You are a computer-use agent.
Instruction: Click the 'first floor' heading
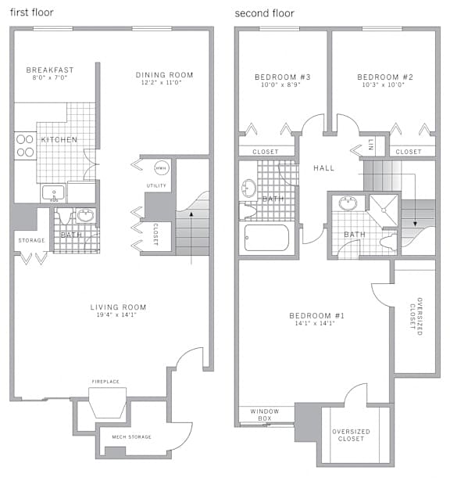click(x=32, y=13)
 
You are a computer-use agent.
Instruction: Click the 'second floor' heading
click(x=264, y=13)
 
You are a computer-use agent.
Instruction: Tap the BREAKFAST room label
click(x=50, y=70)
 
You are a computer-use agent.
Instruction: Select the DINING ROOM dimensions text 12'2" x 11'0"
click(x=161, y=82)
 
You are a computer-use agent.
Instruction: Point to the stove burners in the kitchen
click(x=25, y=145)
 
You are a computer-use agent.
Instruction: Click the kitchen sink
click(x=53, y=193)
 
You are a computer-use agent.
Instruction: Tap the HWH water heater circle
click(x=162, y=168)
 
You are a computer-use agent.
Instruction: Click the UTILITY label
click(x=156, y=185)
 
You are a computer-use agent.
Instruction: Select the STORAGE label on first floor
click(x=31, y=240)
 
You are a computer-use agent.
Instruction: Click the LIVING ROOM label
click(x=118, y=307)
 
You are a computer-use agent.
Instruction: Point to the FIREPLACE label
click(x=105, y=382)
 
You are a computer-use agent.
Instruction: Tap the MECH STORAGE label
click(x=132, y=437)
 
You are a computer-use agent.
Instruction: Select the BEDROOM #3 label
click(x=283, y=77)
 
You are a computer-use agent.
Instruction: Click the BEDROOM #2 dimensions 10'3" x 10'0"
click(x=384, y=84)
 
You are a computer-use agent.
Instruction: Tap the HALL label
click(x=323, y=168)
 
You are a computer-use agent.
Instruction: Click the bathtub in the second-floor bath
click(x=266, y=238)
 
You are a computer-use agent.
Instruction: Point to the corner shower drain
click(x=384, y=210)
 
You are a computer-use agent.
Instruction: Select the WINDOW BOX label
click(x=265, y=415)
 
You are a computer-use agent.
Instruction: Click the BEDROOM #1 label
click(x=316, y=316)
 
